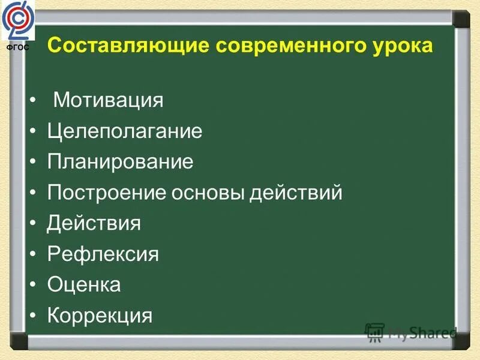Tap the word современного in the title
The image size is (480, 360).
pos(282,46)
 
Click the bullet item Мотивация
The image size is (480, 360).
pos(108,100)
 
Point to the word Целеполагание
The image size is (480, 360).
pos(124,131)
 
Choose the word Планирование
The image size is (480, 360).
pos(120,162)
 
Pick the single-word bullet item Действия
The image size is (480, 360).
pos(94,224)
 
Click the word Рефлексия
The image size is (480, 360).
pos(103,254)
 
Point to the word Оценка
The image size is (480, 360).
pos(84,285)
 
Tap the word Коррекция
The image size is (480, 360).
pos(100,316)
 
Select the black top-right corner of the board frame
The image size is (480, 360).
pos(461,19)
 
